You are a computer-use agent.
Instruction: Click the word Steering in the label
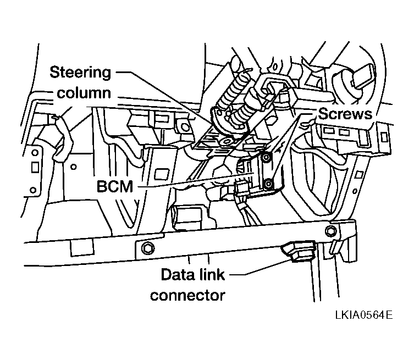coord(80,72)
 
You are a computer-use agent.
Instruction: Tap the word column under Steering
coord(84,93)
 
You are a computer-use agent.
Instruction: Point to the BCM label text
coord(115,186)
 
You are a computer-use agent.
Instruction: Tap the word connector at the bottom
coord(188,295)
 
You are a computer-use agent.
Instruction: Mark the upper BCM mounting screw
coord(266,158)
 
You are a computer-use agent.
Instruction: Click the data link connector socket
coord(297,251)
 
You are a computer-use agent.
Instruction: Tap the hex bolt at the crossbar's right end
coord(330,229)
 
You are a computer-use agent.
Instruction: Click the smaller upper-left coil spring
coord(229,90)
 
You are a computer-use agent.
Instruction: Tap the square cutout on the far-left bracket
coord(34,165)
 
